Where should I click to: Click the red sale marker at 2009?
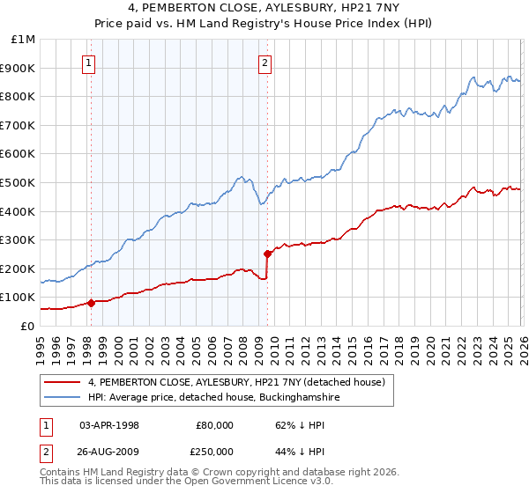(x=267, y=254)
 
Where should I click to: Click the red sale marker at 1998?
(x=91, y=303)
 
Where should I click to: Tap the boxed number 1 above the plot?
(x=90, y=63)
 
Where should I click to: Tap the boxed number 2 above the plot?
(x=265, y=63)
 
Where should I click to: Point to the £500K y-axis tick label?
(x=19, y=183)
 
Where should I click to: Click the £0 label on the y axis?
(x=28, y=327)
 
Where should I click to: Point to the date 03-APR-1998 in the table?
(x=109, y=424)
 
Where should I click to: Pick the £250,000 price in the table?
(x=214, y=451)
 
